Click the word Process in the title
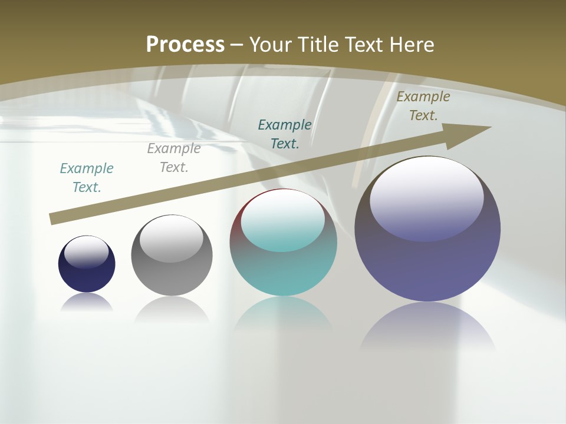click(185, 45)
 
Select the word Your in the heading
click(269, 45)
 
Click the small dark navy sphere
click(87, 274)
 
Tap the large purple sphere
click(427, 265)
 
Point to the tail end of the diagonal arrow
click(53, 219)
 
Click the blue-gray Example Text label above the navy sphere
click(87, 178)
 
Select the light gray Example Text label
click(174, 158)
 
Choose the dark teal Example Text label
click(285, 134)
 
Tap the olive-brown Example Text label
click(423, 106)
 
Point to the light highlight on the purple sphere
click(427, 197)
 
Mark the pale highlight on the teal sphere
click(283, 220)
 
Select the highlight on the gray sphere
click(171, 238)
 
